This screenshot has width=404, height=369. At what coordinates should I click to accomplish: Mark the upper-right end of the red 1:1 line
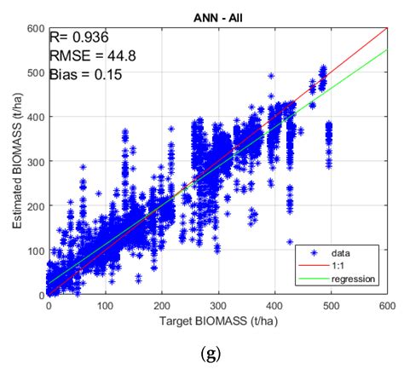coord(387,28)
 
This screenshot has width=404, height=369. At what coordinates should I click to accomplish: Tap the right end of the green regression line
coord(387,49)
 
